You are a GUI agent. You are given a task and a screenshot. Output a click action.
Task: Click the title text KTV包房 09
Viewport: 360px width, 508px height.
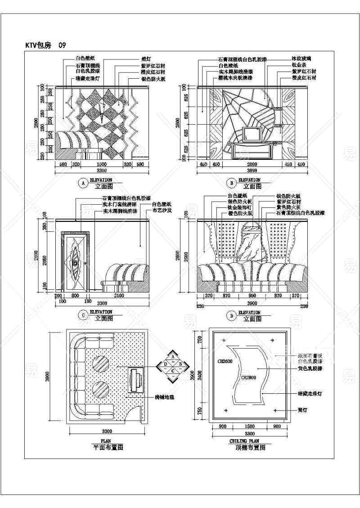click(x=47, y=45)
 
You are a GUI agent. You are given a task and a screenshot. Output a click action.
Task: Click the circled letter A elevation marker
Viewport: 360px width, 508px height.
click(x=82, y=183)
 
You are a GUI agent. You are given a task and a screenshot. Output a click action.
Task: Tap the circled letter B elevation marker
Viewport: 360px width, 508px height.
click(x=231, y=183)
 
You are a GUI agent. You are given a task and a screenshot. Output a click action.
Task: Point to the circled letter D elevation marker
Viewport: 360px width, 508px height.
click(x=231, y=315)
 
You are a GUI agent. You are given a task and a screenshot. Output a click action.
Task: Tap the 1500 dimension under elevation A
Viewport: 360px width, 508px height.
click(x=103, y=165)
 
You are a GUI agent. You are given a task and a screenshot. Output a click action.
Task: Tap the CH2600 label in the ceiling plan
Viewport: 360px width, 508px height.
click(x=225, y=361)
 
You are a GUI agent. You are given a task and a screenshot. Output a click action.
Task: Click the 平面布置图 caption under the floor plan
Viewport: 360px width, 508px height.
click(x=108, y=448)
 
